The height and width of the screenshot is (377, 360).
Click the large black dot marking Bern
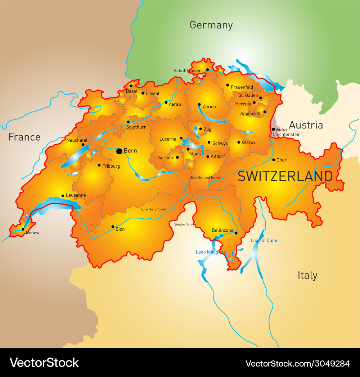tap(119, 151)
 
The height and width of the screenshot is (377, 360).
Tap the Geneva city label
tap(33, 233)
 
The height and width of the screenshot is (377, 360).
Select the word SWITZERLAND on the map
tap(285, 177)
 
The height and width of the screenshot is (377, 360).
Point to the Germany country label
tap(211, 25)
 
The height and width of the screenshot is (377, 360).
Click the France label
tap(24, 137)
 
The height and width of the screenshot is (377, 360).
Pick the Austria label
tap(306, 125)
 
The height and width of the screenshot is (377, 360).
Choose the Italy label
tap(307, 276)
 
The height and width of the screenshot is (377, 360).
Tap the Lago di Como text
tap(264, 241)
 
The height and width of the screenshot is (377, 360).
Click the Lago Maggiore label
tap(211, 252)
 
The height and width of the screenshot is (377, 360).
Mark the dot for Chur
tap(274, 160)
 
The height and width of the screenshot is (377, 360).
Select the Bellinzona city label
tap(222, 231)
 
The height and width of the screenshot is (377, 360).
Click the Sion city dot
tap(113, 227)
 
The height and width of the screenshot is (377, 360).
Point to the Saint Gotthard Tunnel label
tap(204, 178)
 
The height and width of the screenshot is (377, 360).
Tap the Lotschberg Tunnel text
tap(153, 209)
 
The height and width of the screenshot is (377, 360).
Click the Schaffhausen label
tap(187, 71)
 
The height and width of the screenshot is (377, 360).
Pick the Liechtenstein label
tap(287, 135)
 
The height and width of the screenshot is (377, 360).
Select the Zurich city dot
tap(199, 105)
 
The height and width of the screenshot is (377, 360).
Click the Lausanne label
tap(76, 195)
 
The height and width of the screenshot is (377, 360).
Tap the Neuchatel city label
tap(77, 140)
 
